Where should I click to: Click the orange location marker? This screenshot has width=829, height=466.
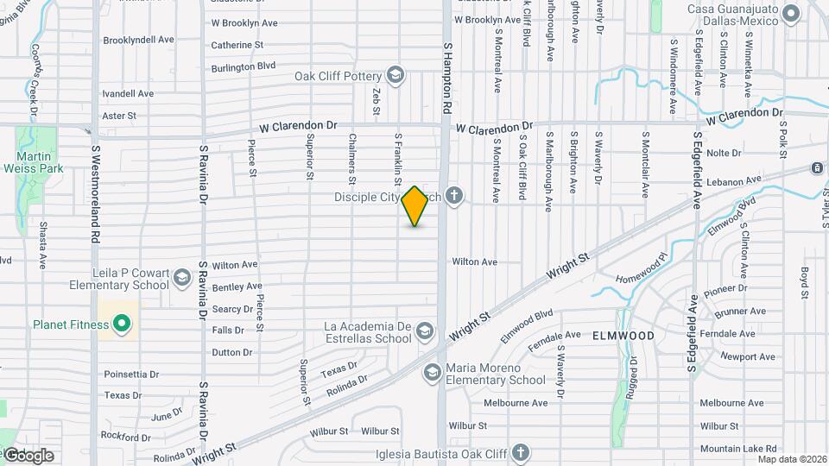[415, 206]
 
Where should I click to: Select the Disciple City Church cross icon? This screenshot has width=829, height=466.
[454, 198]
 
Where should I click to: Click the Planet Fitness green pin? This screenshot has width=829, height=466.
[123, 324]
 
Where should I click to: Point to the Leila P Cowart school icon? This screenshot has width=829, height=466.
[182, 278]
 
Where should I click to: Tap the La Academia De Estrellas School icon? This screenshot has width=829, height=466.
[425, 331]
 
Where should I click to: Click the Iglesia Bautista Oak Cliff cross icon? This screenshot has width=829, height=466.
[520, 451]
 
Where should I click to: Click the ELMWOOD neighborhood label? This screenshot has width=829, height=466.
[623, 334]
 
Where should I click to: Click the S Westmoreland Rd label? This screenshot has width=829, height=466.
[97, 192]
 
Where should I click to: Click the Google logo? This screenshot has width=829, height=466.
[29, 455]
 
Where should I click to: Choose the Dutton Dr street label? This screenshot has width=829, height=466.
[231, 352]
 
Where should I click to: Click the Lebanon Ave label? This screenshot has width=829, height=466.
[733, 182]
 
